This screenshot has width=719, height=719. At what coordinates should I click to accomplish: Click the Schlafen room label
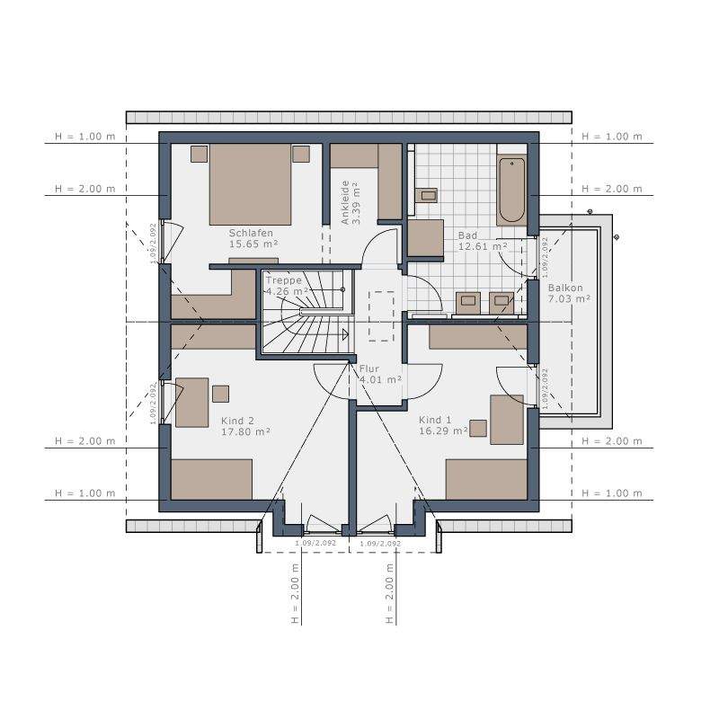click(x=251, y=231)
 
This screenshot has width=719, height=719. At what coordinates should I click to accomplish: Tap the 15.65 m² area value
click(x=253, y=244)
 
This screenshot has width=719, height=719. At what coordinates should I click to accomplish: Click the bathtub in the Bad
click(x=511, y=189)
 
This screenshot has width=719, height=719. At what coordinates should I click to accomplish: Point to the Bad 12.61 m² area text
click(x=483, y=245)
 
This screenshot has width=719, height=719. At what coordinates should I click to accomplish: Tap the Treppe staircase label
click(x=284, y=280)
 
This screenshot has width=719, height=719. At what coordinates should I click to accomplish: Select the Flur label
click(x=369, y=368)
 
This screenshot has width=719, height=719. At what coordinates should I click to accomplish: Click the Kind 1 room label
click(x=436, y=420)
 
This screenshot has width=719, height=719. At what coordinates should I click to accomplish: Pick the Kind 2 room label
click(x=238, y=420)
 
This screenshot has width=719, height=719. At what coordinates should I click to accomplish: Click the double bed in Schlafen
click(x=251, y=184)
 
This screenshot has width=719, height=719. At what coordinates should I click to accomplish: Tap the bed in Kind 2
click(x=212, y=479)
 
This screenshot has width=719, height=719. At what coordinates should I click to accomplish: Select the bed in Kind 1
click(x=485, y=479)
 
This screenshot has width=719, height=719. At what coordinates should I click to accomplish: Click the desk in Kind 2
click(x=191, y=402)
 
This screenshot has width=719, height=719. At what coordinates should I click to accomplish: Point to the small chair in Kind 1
click(x=478, y=428)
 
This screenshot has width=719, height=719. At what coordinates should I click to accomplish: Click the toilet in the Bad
click(x=429, y=194)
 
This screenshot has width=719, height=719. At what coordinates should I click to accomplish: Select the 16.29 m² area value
click(x=443, y=431)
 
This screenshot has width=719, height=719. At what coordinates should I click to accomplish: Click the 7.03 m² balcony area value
click(x=569, y=299)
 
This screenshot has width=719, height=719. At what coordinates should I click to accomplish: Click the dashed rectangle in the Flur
click(x=382, y=316)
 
